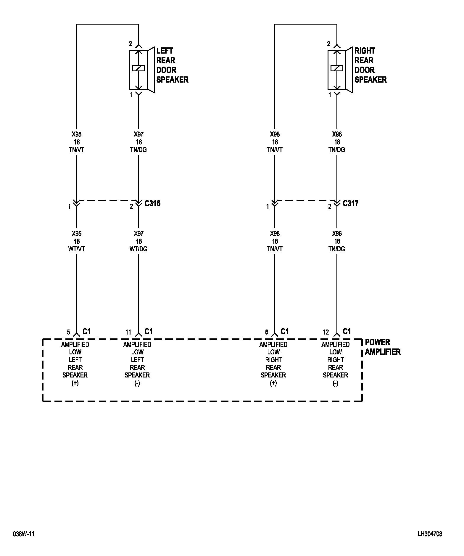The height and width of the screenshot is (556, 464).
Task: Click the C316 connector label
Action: [152, 203]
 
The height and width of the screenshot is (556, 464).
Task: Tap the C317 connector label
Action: [350, 203]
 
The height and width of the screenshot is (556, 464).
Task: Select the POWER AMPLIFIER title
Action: [382, 347]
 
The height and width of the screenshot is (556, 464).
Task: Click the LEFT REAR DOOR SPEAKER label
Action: [172, 65]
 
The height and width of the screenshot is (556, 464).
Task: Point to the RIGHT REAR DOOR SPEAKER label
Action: [370, 65]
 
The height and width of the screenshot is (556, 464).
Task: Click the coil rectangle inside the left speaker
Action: [138, 68]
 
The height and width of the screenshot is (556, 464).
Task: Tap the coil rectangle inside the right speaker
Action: [337, 68]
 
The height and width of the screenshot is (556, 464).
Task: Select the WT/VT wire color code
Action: [76, 249]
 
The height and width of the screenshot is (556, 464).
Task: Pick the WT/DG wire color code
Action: [138, 249]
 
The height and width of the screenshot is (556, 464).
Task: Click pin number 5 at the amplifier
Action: [68, 332]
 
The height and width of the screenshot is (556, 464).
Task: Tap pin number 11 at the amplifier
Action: [128, 332]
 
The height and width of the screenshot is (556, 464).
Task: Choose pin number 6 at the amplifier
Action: [267, 332]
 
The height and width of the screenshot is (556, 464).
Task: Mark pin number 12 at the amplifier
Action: [326, 332]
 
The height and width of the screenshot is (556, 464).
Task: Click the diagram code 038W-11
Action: [24, 534]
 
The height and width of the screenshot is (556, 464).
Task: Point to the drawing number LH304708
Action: [430, 534]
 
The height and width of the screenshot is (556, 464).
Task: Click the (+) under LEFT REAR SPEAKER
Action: [75, 383]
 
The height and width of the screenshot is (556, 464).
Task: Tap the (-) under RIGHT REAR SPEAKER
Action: [335, 383]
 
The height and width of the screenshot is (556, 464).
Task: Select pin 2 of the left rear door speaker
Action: [130, 44]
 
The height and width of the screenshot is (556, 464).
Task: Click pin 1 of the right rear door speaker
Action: [330, 95]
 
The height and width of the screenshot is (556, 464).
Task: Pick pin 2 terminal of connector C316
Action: [132, 206]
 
